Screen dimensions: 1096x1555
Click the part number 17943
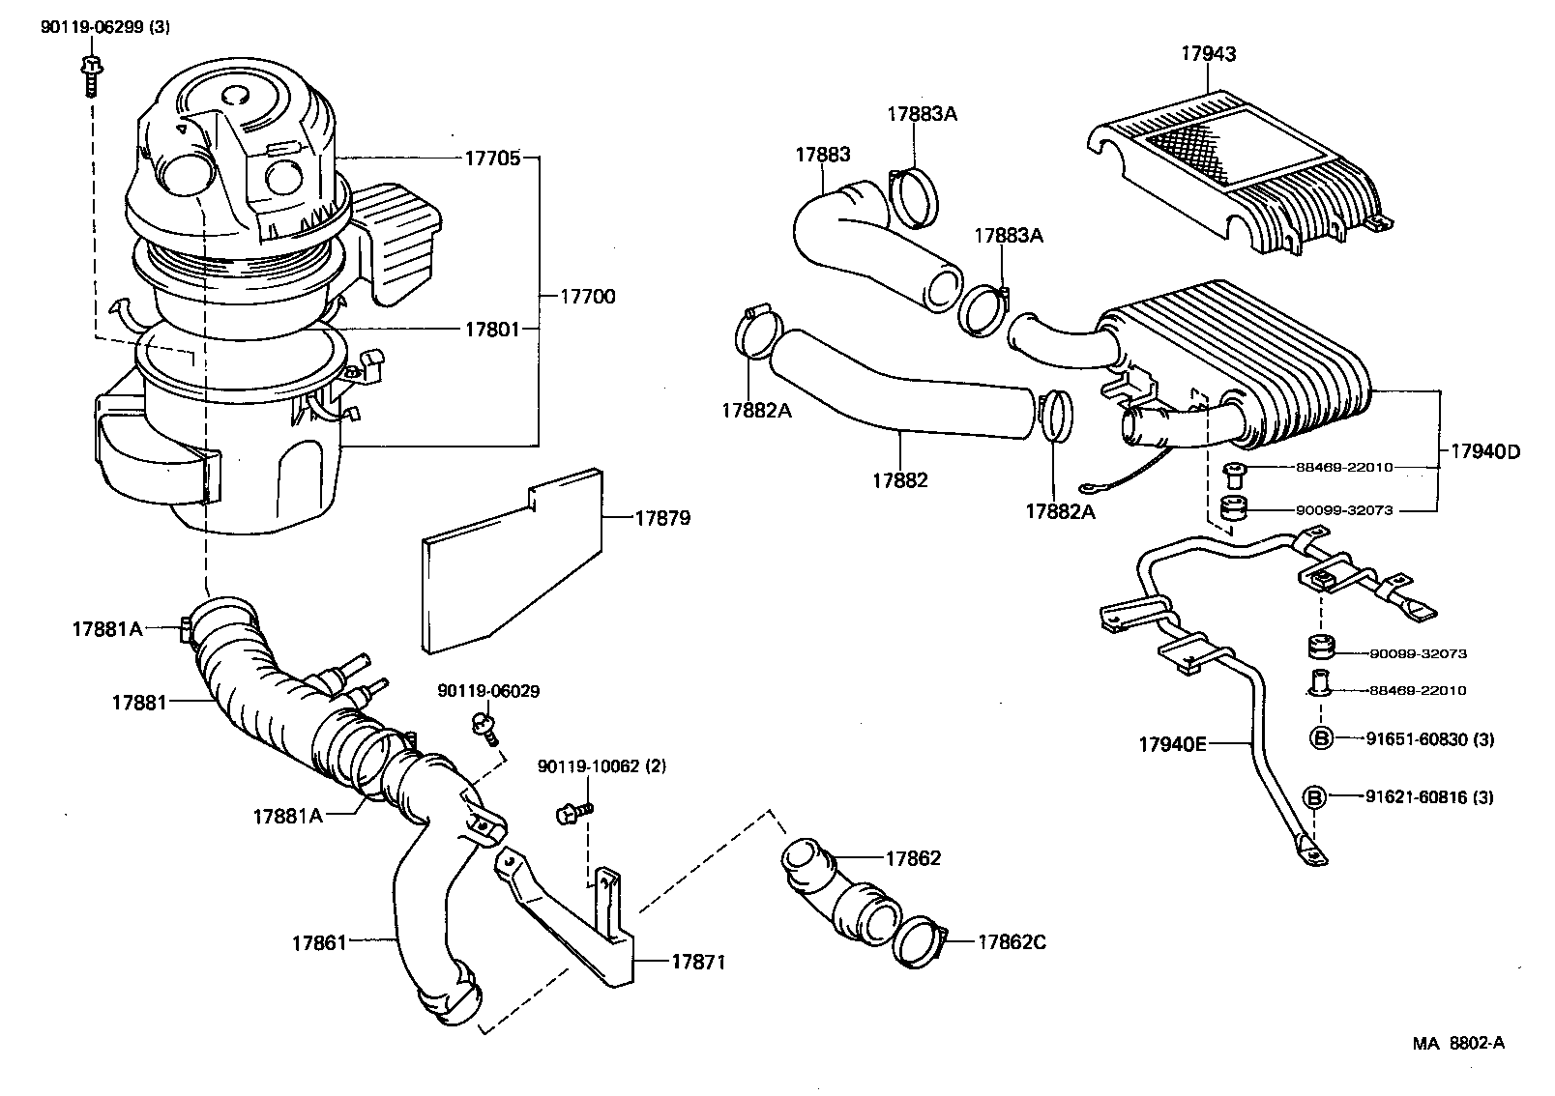click(1207, 54)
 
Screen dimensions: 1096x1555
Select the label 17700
click(587, 297)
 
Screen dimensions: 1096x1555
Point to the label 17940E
click(1173, 743)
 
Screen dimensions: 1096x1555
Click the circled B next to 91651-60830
click(1321, 738)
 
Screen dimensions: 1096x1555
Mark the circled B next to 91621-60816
click(1315, 796)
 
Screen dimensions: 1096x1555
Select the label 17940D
click(1484, 451)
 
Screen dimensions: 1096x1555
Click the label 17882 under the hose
click(899, 479)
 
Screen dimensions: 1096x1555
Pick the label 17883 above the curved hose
click(823, 155)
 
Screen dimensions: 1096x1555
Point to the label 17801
click(492, 330)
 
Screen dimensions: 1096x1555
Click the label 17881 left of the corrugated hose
click(139, 702)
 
